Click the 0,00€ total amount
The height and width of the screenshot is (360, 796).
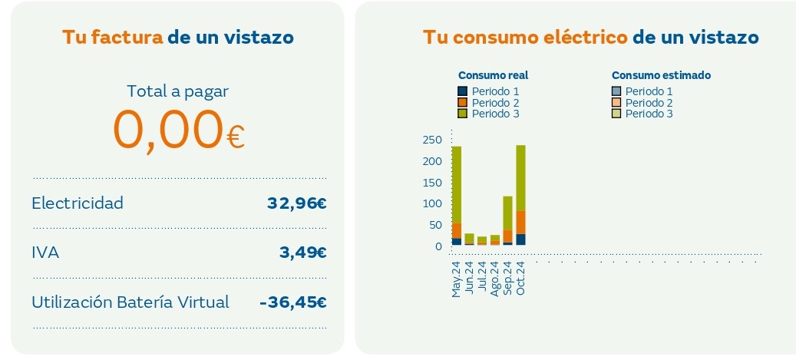click(x=178, y=130)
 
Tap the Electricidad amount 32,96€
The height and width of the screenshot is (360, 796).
click(x=296, y=203)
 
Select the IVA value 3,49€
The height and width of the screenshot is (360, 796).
click(x=303, y=253)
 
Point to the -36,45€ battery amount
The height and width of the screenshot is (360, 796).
click(x=293, y=302)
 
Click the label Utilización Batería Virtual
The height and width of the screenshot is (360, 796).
click(x=130, y=302)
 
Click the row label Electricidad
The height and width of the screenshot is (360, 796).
click(x=77, y=203)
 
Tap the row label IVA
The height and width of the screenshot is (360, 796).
click(x=45, y=253)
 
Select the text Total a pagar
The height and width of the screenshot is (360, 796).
click(x=177, y=91)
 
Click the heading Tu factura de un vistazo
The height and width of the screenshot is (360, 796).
click(x=177, y=38)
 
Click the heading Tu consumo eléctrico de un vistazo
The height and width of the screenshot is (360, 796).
click(x=590, y=38)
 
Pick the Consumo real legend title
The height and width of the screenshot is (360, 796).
click(x=493, y=75)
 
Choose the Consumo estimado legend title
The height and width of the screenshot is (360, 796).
click(x=661, y=75)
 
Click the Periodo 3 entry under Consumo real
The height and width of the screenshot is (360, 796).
click(x=495, y=114)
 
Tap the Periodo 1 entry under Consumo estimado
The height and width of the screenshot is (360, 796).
click(x=649, y=91)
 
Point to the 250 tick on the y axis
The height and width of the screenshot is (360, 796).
click(x=432, y=140)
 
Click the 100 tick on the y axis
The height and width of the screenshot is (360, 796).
click(x=432, y=203)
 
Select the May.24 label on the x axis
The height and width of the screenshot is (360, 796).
click(x=456, y=279)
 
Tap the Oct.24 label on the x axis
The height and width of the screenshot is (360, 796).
click(x=520, y=278)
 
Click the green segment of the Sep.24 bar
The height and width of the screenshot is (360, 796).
click(x=507, y=213)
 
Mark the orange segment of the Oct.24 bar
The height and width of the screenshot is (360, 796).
click(x=520, y=222)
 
